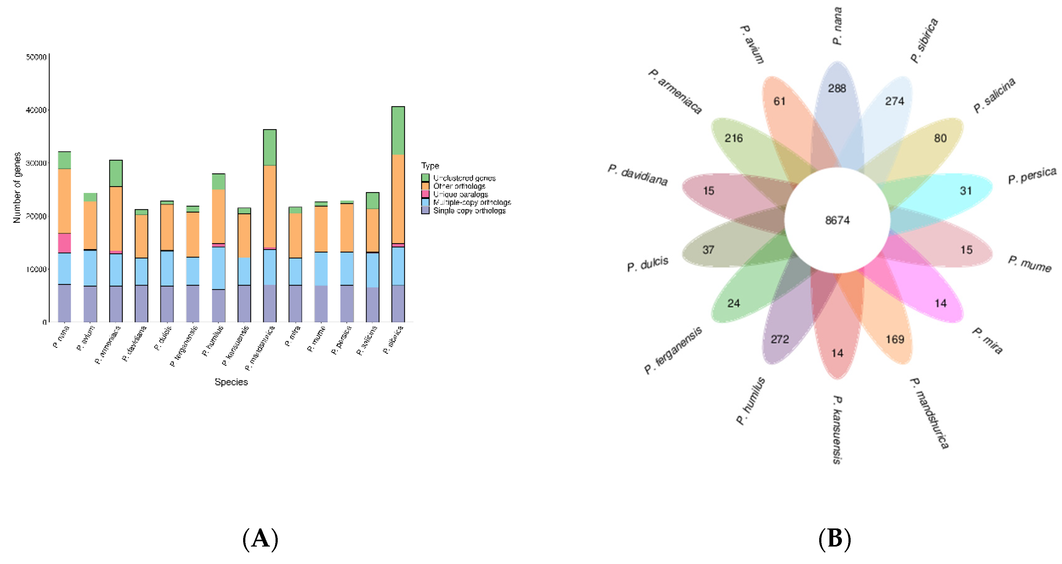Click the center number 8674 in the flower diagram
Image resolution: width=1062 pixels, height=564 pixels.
coord(837,220)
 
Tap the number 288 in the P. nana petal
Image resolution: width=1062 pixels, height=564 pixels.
coord(837,88)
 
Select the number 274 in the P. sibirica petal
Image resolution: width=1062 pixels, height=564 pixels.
coord(894,101)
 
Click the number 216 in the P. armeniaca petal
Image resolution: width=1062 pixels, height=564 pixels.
coord(733,138)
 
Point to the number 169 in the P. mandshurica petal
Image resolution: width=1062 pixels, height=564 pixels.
coord(895,339)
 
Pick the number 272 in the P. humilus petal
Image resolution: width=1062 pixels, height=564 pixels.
coord(780,339)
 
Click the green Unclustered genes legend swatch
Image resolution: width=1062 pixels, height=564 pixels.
coord(425,178)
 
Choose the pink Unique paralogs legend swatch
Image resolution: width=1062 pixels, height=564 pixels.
coord(425,194)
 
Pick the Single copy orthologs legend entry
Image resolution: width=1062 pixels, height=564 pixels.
coord(469,211)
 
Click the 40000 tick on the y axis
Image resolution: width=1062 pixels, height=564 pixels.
coord(36,110)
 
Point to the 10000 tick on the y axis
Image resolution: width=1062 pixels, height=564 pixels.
coord(36,269)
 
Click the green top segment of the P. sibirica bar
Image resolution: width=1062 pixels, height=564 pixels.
coord(398,130)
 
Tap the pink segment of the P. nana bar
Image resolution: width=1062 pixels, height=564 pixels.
coord(64,243)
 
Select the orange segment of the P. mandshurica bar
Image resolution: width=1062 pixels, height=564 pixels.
coord(270,206)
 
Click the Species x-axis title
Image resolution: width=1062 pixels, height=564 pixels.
coord(231,382)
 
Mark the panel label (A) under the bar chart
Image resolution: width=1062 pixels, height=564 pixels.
coord(260,539)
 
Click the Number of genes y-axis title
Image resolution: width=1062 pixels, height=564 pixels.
coord(17,188)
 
